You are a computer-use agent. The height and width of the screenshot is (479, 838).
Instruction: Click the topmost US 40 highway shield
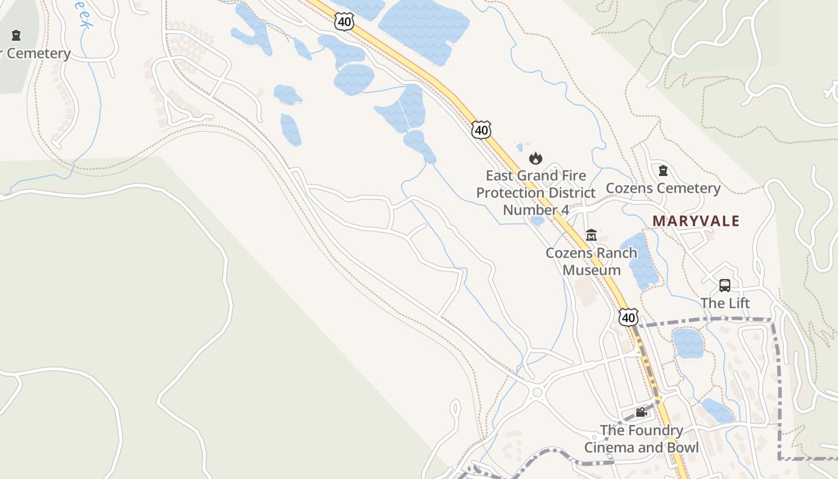(x=344, y=22)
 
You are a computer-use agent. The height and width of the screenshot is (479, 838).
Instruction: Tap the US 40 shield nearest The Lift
(x=628, y=317)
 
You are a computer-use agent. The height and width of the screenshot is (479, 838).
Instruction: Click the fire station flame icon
(x=535, y=158)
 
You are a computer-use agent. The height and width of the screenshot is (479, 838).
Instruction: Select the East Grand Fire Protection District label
(x=536, y=193)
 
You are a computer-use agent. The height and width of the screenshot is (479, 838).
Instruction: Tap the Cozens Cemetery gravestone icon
(x=663, y=171)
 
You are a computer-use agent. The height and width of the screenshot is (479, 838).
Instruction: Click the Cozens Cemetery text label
(x=663, y=188)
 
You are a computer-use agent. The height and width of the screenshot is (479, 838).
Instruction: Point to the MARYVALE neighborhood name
(x=696, y=221)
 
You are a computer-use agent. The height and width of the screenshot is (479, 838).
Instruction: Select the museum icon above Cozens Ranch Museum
(x=591, y=235)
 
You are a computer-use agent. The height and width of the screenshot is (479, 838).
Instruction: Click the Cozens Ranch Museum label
(x=591, y=261)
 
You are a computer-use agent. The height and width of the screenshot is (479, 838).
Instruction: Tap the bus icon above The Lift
(x=725, y=286)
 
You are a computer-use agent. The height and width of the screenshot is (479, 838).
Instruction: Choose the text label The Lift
(x=725, y=303)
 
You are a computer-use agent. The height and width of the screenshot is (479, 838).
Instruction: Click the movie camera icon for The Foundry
(x=641, y=413)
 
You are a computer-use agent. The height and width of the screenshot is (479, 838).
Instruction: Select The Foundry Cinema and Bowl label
(x=641, y=439)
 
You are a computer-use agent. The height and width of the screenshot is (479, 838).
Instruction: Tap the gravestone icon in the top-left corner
(x=16, y=35)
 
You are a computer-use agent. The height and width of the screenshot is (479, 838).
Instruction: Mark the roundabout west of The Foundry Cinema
(x=536, y=393)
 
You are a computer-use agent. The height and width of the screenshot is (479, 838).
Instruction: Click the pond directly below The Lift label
(x=688, y=343)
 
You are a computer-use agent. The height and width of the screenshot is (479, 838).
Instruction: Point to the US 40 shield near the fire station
(x=481, y=129)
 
